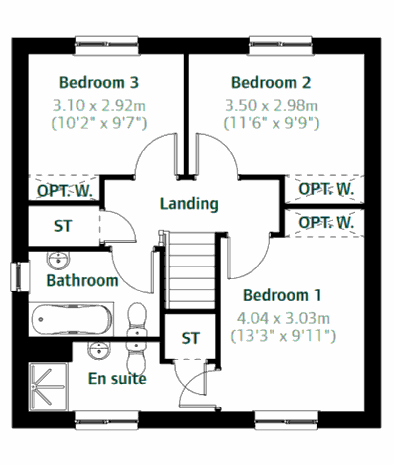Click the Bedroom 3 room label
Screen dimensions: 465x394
tap(99, 82)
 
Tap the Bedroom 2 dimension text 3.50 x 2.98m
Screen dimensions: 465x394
tap(271, 106)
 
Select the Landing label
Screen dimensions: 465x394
tap(189, 204)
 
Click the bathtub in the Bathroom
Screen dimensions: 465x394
tap(71, 319)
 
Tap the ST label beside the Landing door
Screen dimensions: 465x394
tap(63, 226)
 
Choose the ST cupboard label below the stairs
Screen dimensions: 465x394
tap(190, 338)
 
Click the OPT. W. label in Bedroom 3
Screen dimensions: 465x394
tap(64, 191)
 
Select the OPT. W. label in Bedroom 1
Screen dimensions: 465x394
tap(326, 223)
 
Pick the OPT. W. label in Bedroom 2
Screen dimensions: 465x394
tap(326, 189)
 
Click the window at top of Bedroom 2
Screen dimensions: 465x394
tap(280, 45)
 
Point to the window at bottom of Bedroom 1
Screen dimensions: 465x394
tap(286, 420)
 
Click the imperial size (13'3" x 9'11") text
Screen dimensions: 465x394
tap(283, 336)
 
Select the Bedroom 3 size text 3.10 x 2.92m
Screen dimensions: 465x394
tap(99, 106)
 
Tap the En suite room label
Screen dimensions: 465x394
tap(117, 379)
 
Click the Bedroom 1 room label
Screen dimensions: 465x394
tap(282, 295)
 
